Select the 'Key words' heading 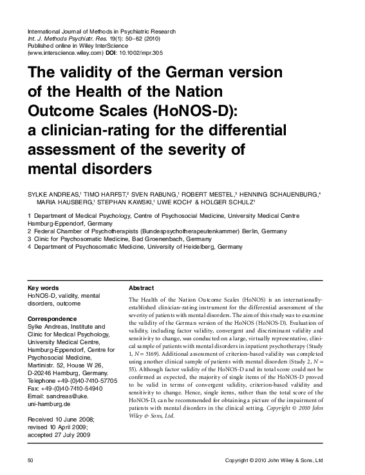click(43, 287)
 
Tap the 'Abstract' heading click(142, 287)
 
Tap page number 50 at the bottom click(30, 461)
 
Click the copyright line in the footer click(282, 461)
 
